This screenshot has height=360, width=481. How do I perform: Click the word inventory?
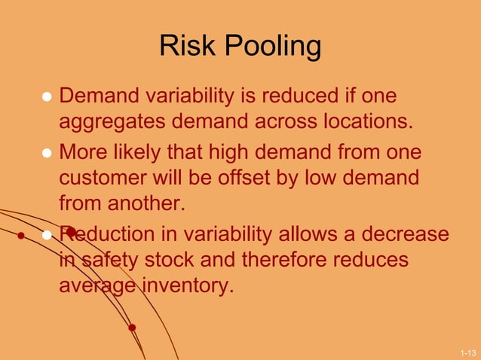click(186, 285)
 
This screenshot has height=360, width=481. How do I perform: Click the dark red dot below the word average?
click(132, 328)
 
